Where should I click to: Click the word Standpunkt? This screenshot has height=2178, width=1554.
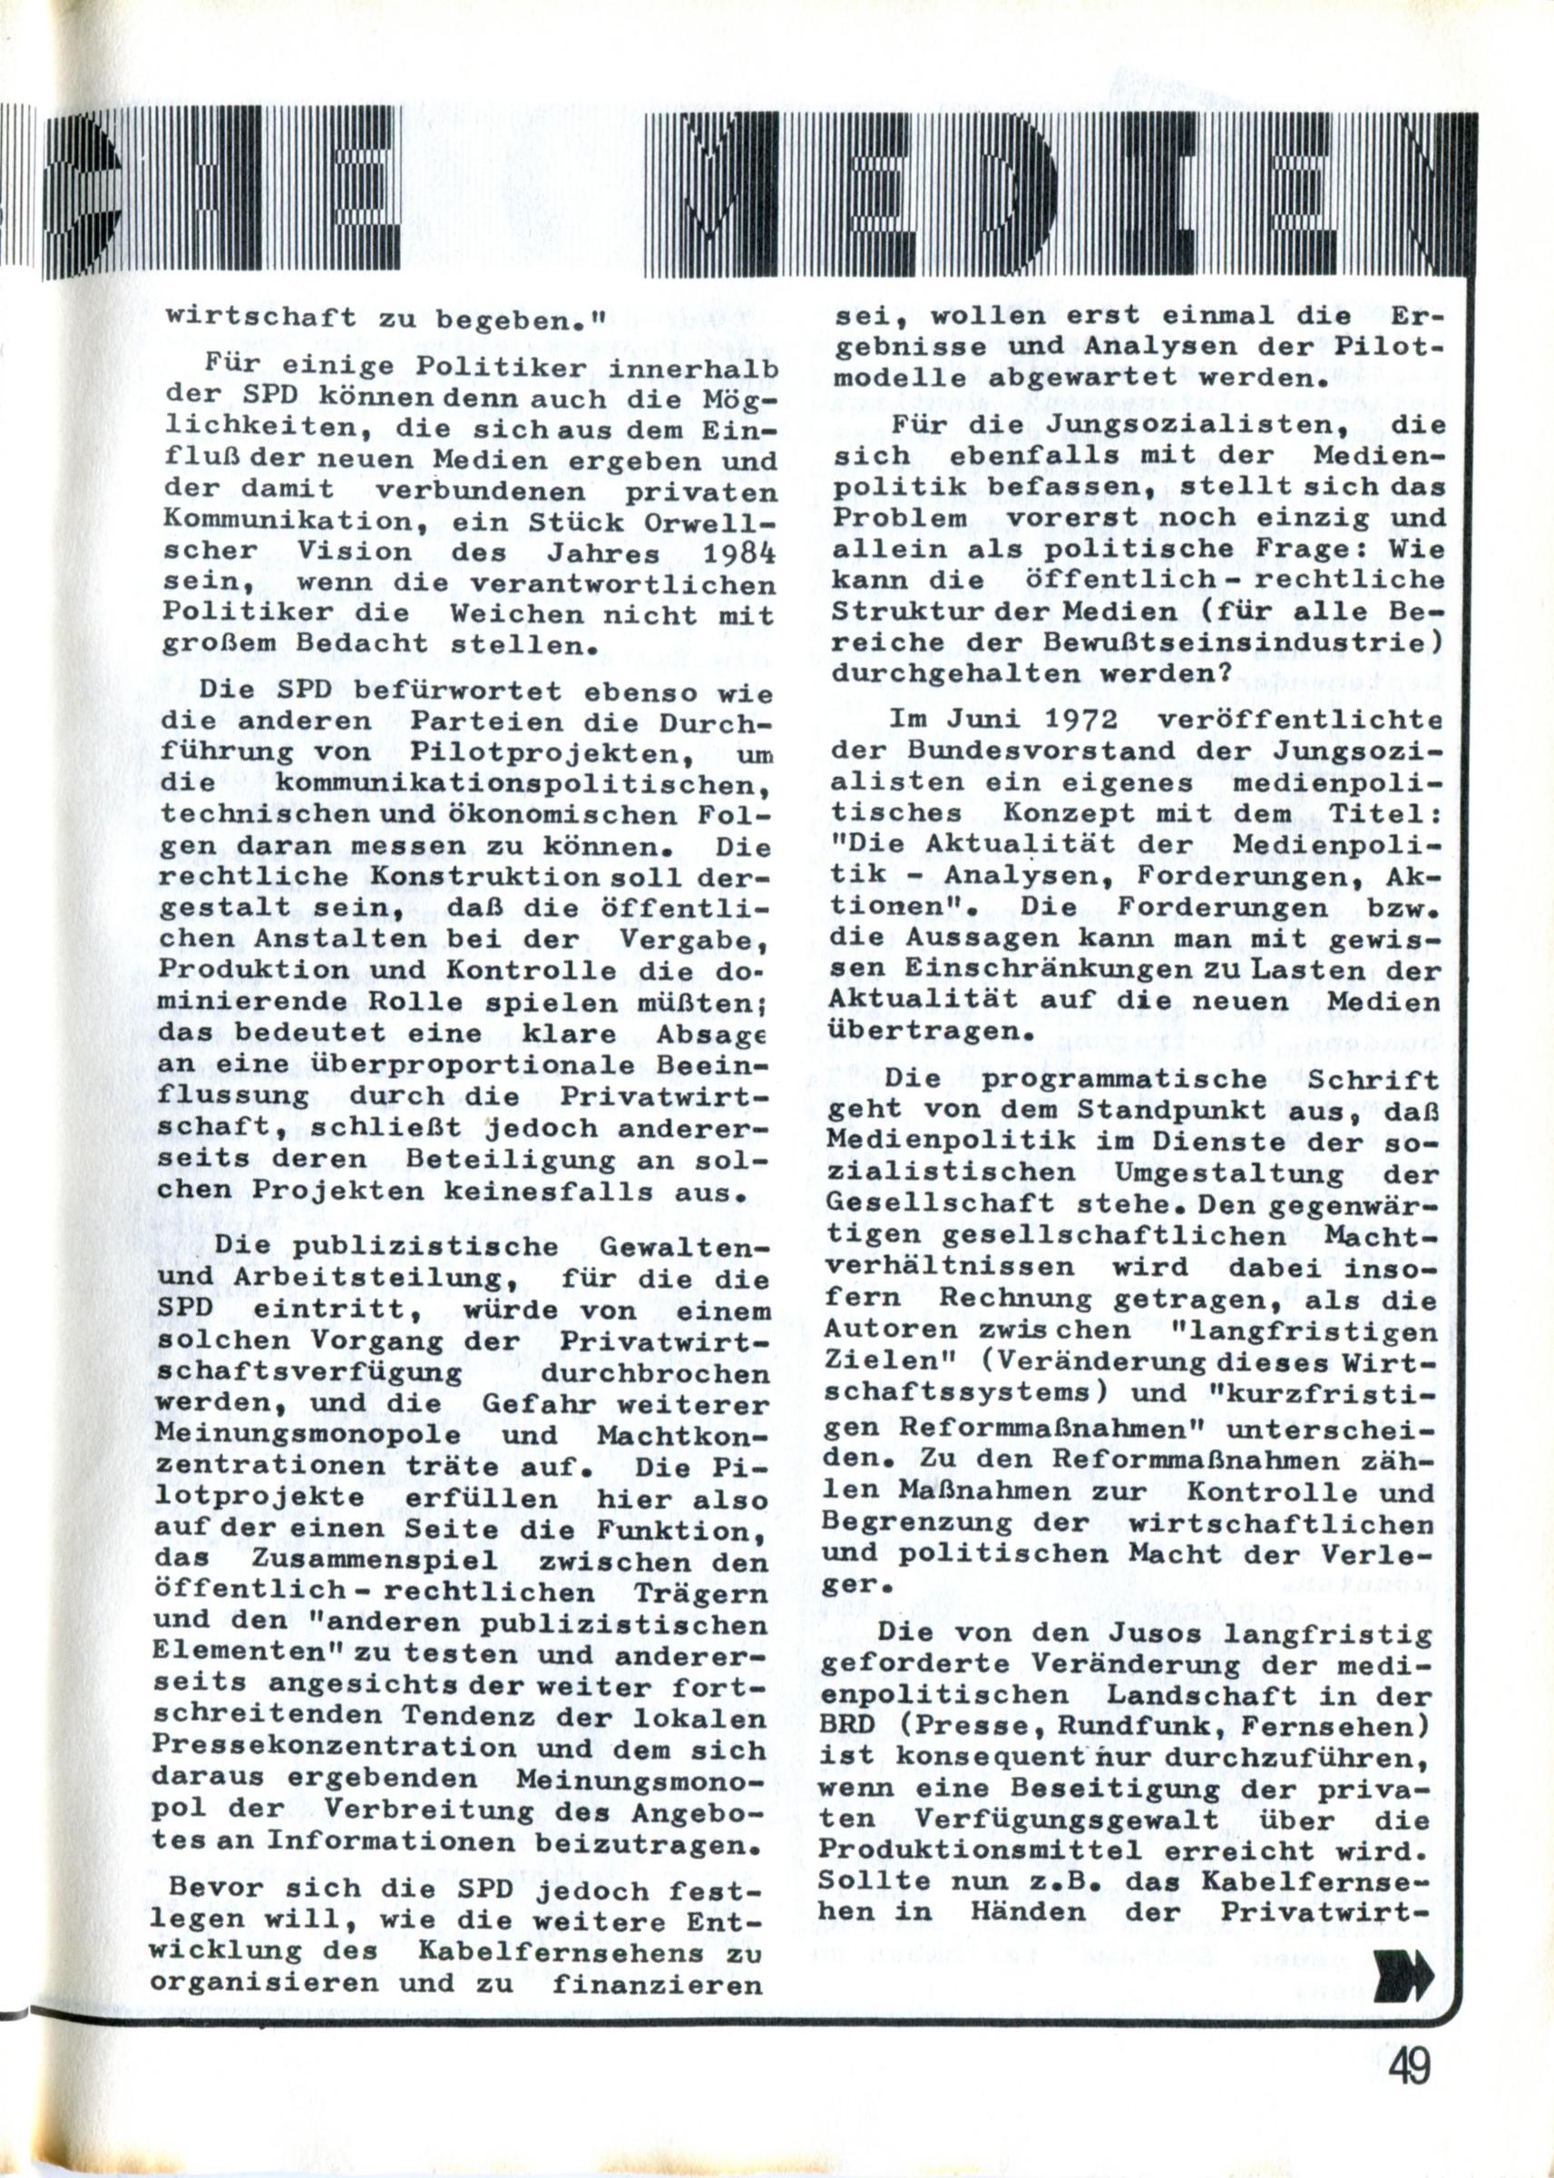(x=1162, y=1110)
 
